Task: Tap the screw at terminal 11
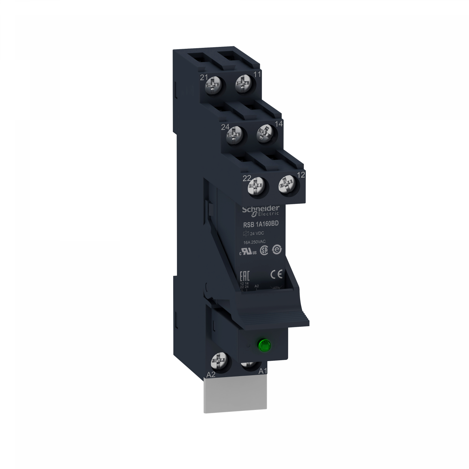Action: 243,84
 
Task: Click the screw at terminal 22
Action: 256,188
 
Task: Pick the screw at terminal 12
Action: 287,187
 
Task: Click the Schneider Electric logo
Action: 259,210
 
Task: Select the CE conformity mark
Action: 276,274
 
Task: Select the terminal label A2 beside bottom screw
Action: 211,374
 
